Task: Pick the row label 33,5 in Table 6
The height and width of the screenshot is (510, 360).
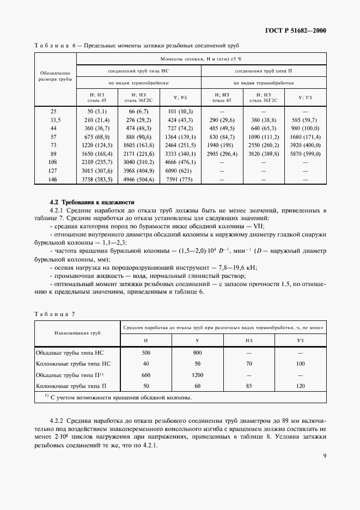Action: pyautogui.click(x=54, y=119)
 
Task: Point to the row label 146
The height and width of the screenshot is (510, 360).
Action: pyautogui.click(x=54, y=179)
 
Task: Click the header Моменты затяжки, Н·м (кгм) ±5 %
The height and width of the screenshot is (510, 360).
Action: pyautogui.click(x=201, y=58)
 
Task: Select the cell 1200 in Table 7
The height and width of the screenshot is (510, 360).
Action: pyautogui.click(x=198, y=375)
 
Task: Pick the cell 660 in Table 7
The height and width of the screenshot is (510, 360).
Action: pyautogui.click(x=145, y=375)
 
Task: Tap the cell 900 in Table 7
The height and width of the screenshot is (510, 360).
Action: pyautogui.click(x=198, y=353)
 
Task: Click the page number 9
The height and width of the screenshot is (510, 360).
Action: pyautogui.click(x=324, y=456)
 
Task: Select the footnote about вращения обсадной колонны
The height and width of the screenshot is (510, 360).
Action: pyautogui.click(x=118, y=397)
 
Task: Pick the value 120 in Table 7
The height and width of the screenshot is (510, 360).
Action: pyautogui.click(x=301, y=386)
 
